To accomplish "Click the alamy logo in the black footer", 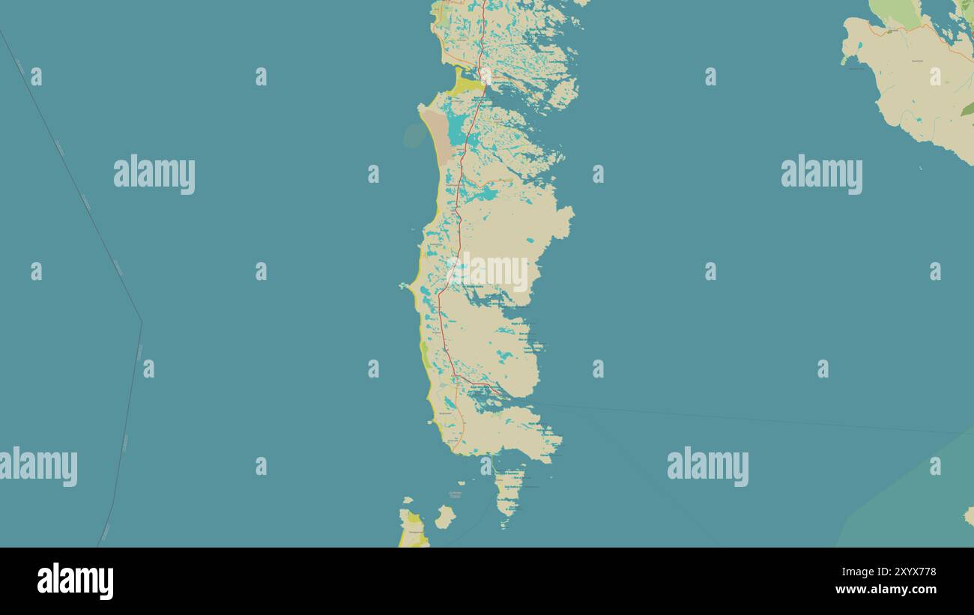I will click(x=75, y=581).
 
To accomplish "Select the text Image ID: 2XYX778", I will click(x=884, y=572).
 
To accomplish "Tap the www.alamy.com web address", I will click(x=884, y=590).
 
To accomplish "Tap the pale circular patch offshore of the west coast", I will click(x=414, y=136).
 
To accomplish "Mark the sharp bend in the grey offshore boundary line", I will click(x=141, y=322).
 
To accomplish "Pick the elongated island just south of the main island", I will click(x=509, y=491).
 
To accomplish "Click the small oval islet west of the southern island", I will click(x=445, y=516).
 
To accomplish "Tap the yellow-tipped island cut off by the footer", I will click(x=412, y=528).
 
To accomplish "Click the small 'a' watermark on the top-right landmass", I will click(x=934, y=76).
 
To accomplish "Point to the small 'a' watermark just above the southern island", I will click(x=486, y=466).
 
